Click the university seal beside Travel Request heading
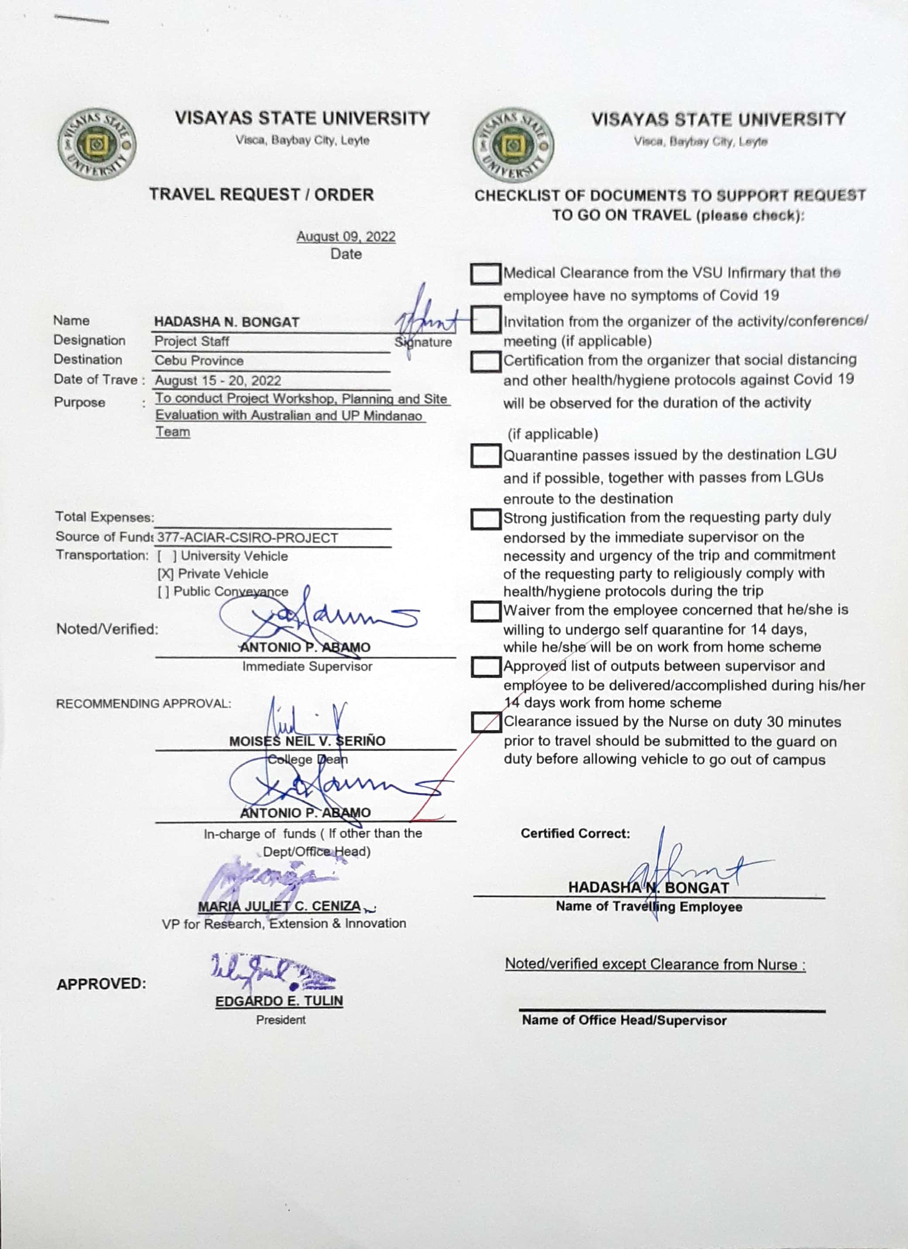[97, 143]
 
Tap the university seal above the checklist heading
[513, 144]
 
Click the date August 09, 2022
[346, 237]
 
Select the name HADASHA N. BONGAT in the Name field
[227, 322]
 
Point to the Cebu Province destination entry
[199, 361]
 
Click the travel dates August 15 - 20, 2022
[218, 380]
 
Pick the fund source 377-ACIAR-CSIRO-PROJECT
[248, 538]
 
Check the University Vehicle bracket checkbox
[167, 556]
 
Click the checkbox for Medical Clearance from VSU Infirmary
[485, 274]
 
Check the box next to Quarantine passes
[485, 456]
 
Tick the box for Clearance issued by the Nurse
[485, 722]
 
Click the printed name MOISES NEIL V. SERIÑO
[307, 741]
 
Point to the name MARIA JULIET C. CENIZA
[280, 907]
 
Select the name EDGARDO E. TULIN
[279, 1001]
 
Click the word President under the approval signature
[280, 1020]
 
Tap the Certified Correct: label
[575, 833]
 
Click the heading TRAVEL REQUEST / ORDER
[261, 194]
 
